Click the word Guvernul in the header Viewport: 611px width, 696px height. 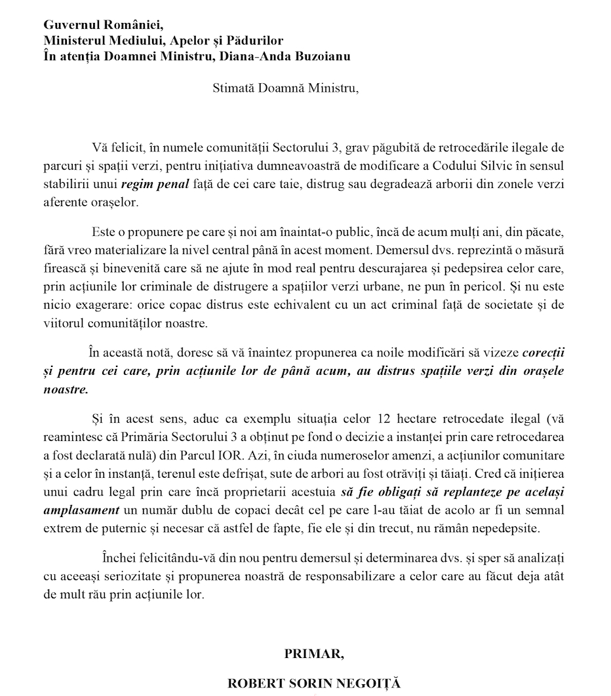point(71,26)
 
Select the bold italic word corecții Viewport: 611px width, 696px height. point(543,352)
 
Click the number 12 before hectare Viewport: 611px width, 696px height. point(380,419)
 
